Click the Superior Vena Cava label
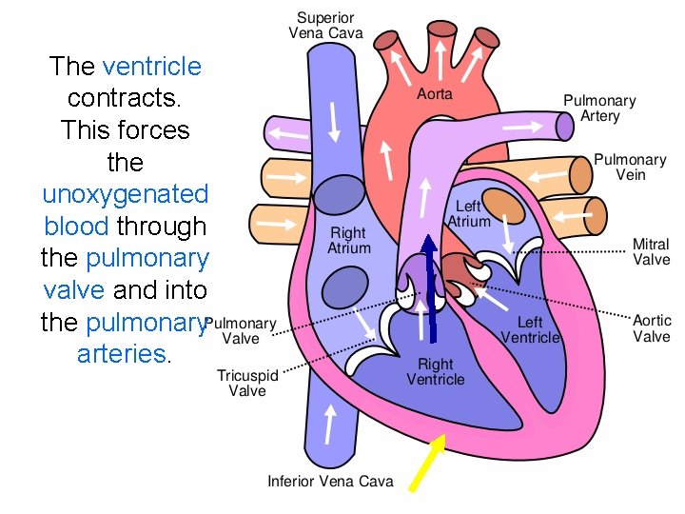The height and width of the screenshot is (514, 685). point(325,26)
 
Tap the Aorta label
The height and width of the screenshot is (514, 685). point(435,94)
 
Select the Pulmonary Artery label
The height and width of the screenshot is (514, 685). point(599,108)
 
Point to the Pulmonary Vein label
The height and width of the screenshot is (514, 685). point(630,168)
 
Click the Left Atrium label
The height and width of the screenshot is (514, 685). point(468,214)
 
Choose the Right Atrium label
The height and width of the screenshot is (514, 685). point(347,241)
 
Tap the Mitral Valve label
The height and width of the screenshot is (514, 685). point(652,251)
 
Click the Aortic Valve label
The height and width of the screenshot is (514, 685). point(652,328)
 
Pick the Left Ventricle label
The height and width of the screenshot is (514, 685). point(530,330)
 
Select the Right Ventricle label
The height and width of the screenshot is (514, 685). point(436,371)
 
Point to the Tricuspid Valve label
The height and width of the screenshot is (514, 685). point(247,383)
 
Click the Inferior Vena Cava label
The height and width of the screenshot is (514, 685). point(330,481)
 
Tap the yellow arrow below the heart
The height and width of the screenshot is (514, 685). point(426,462)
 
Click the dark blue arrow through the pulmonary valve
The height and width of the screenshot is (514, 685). point(430,286)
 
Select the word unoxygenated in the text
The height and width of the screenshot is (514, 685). point(125,194)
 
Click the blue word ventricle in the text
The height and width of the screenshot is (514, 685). point(151,67)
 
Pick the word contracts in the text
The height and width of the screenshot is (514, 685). point(125,98)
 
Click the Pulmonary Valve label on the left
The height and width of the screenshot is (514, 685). point(241,330)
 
